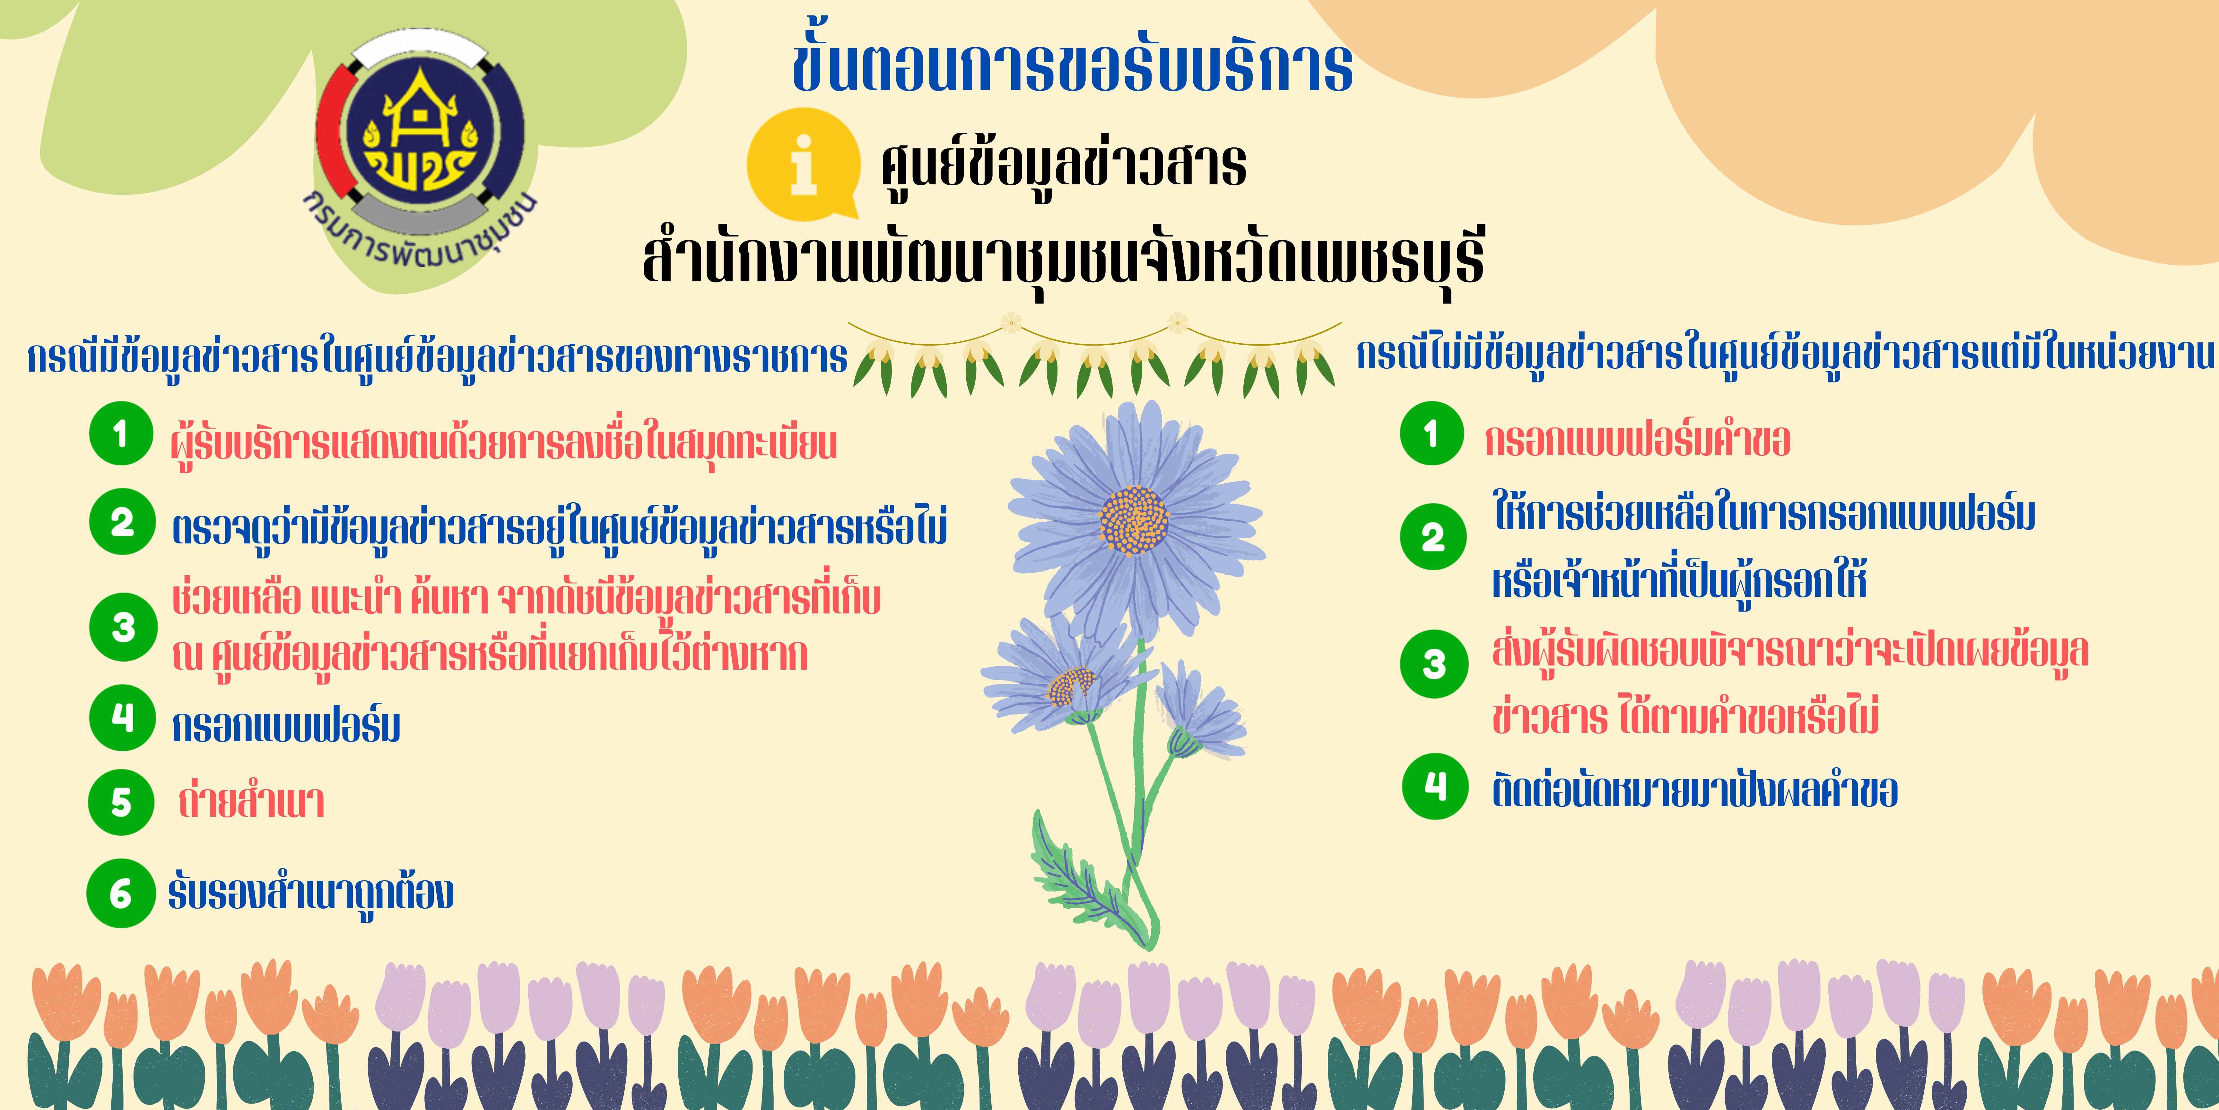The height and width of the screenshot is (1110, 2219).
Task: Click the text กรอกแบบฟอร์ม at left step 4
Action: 286,726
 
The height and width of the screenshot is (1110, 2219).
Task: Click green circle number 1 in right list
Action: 1432,434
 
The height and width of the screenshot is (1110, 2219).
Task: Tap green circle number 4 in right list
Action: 1435,786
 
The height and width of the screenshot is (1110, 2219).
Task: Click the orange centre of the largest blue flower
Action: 1134,521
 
